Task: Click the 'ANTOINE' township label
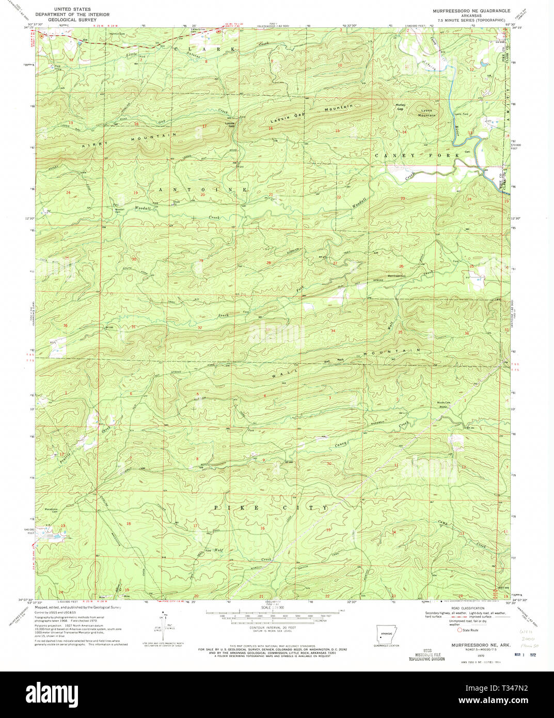point(202,190)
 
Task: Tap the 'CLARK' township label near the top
point(204,49)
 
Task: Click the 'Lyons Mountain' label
point(427,113)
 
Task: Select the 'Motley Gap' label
point(400,107)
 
